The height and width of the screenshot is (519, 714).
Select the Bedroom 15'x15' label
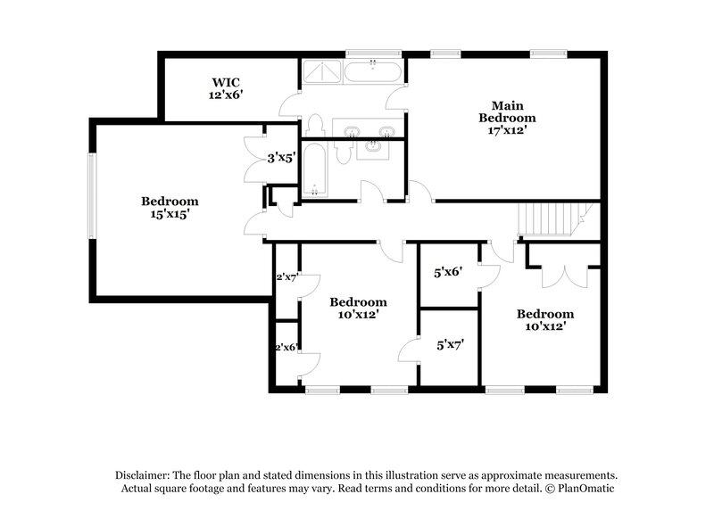pyautogui.click(x=169, y=208)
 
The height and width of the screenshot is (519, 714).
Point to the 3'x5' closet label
pyautogui.click(x=281, y=158)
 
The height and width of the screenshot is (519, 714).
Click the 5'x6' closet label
pyautogui.click(x=448, y=272)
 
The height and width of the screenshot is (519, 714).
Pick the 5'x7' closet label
pyautogui.click(x=448, y=343)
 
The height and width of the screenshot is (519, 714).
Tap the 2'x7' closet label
pyautogui.click(x=286, y=278)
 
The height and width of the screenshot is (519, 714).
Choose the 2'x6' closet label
pyautogui.click(x=286, y=348)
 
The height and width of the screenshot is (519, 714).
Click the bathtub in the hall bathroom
pyautogui.click(x=313, y=171)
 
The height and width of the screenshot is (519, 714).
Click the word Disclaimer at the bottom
pyautogui.click(x=142, y=475)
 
